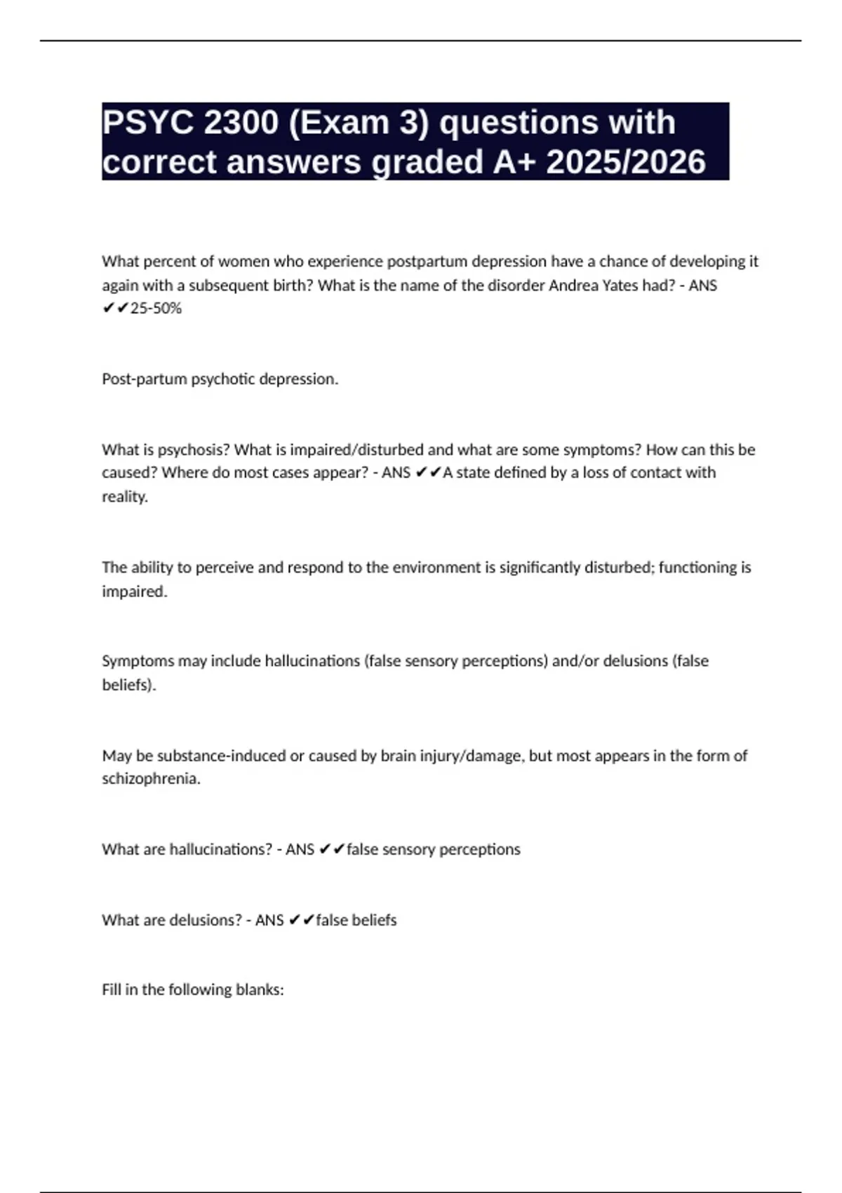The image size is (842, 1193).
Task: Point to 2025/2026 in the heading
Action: [x=626, y=162]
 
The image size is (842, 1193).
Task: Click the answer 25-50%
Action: [x=156, y=309]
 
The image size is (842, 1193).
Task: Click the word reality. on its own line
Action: [x=125, y=497]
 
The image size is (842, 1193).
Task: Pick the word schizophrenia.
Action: [x=151, y=779]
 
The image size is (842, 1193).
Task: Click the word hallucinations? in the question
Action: [x=221, y=850]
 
